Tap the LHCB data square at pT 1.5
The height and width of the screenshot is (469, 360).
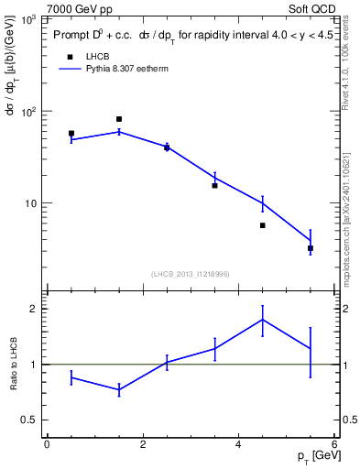coord(119,119)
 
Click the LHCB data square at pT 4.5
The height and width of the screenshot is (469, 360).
coord(262,225)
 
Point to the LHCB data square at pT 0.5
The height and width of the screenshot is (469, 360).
coord(71,134)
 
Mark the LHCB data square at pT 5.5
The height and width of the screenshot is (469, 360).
coord(311,248)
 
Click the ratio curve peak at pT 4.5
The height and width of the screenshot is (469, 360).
coord(262,320)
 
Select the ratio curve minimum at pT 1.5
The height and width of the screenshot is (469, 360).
coord(119,389)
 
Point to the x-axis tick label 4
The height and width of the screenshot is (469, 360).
coord(238,444)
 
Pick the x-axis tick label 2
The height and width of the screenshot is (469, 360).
coord(143,444)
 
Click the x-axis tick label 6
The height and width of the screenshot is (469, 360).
coord(334,444)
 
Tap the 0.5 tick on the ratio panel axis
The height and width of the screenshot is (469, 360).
coord(29,420)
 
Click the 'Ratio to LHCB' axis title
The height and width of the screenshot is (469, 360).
coord(12,364)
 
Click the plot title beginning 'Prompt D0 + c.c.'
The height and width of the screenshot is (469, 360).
coord(184,37)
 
